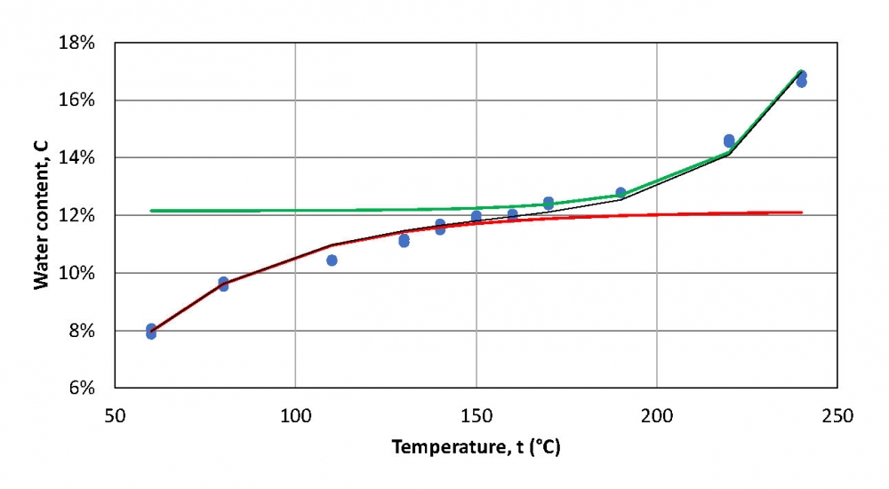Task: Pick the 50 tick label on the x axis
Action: [114, 415]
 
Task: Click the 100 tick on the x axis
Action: [295, 415]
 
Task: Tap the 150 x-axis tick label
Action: [476, 415]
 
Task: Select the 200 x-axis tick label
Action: [656, 415]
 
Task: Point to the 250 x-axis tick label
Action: [837, 415]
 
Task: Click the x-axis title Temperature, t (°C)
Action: [476, 447]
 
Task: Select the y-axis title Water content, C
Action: [41, 215]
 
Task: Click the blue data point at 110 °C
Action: [332, 261]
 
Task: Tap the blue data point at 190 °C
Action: [621, 192]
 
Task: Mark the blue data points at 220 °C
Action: [729, 140]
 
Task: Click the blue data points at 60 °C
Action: [151, 332]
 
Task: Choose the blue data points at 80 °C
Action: [223, 284]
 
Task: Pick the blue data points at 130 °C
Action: [404, 240]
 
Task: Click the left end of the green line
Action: [151, 211]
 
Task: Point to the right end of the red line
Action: [801, 212]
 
